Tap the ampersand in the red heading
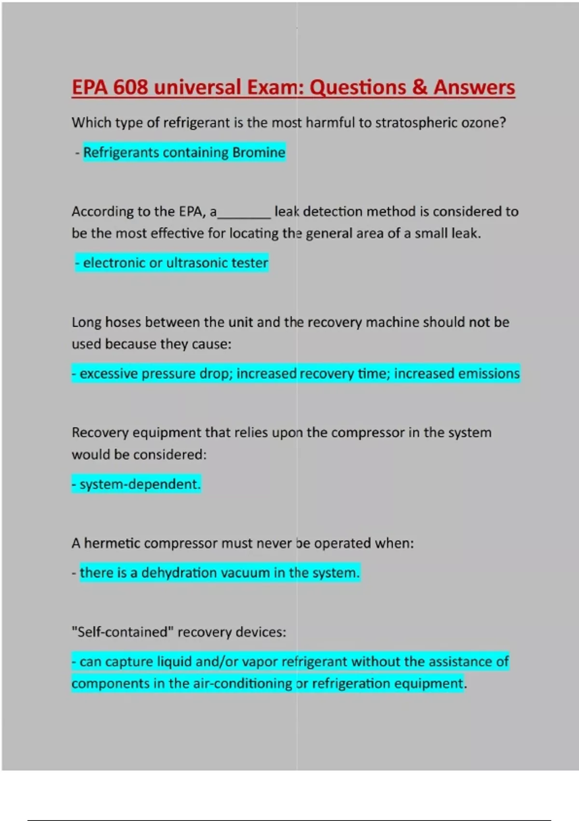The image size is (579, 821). pos(419,87)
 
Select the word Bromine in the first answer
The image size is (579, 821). pos(259,153)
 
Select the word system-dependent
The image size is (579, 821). pos(139,484)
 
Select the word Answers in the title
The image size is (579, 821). pos(474,87)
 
